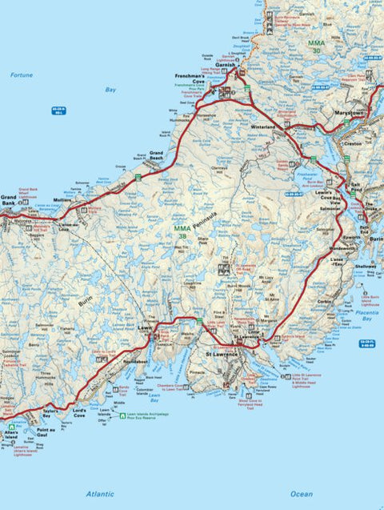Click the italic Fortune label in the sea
pyautogui.click(x=22, y=74)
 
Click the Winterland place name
pyautogui.click(x=263, y=126)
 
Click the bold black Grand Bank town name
pyautogui.click(x=9, y=199)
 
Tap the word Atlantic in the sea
pyautogui.click(x=100, y=494)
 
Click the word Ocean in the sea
pyautogui.click(x=301, y=494)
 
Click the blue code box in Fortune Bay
pyautogui.click(x=58, y=110)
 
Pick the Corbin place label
pyautogui.click(x=324, y=302)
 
